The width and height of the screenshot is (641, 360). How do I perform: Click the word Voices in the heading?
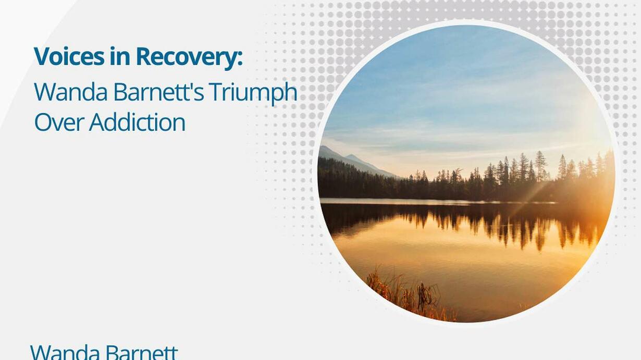(69, 57)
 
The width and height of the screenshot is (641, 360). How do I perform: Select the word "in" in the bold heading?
(120, 57)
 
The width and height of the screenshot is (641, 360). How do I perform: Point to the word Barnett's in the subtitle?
(159, 92)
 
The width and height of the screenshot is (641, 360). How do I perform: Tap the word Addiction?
(137, 122)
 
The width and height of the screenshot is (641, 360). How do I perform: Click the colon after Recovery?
(240, 59)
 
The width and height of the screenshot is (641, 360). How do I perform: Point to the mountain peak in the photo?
(325, 147)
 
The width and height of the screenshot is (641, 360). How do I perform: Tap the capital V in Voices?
(43, 57)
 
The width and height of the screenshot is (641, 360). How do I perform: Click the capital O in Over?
(43, 122)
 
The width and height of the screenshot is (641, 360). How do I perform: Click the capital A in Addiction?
(97, 122)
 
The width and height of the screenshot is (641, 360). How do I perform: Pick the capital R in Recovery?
(144, 57)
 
